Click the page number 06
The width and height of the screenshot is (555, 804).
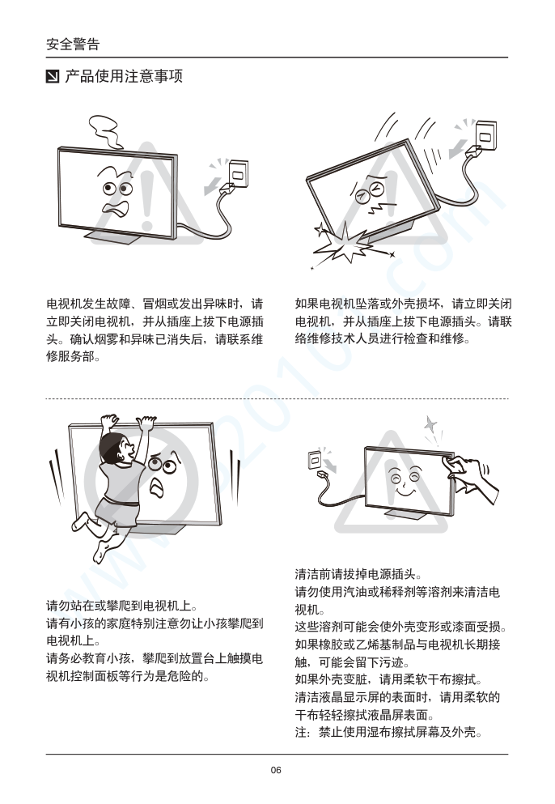(276, 770)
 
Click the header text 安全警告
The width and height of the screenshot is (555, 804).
(73, 44)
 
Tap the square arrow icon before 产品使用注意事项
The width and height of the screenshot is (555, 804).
(53, 77)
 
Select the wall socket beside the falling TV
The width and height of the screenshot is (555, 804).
(486, 135)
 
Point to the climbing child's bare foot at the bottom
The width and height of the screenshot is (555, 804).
(100, 553)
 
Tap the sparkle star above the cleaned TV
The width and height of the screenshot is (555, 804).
(430, 424)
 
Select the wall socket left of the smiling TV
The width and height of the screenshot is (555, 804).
(315, 459)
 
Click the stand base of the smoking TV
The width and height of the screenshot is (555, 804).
(116, 238)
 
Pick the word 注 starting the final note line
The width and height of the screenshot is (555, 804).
(301, 732)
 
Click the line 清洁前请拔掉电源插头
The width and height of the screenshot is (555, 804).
(358, 574)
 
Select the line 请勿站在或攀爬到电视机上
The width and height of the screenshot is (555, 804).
(122, 606)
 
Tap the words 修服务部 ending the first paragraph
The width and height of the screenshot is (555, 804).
(73, 357)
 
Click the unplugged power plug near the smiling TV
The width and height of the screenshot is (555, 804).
(323, 474)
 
